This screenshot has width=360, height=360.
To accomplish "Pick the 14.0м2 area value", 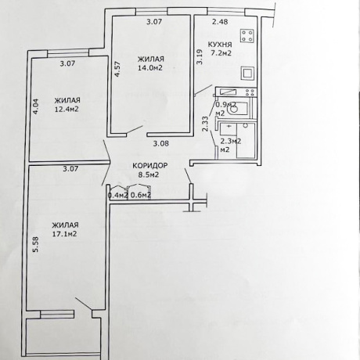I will pyautogui.click(x=151, y=68).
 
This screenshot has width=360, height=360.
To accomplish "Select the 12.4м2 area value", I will pyautogui.click(x=68, y=110).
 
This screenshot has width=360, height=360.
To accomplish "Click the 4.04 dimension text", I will pyautogui.click(x=35, y=106).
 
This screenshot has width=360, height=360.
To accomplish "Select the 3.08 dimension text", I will pyautogui.click(x=160, y=143).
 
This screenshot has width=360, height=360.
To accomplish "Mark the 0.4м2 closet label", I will pyautogui.click(x=117, y=196).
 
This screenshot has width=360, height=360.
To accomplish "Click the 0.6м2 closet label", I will pyautogui.click(x=141, y=196).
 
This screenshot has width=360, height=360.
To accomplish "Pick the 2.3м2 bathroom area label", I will pyautogui.click(x=229, y=145).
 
